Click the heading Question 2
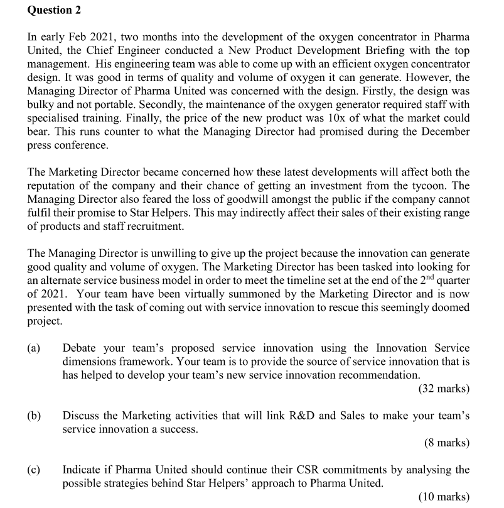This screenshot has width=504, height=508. [54, 10]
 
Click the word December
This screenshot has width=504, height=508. [442, 131]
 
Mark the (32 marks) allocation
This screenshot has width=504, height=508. [443, 389]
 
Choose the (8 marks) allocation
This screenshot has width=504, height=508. [446, 443]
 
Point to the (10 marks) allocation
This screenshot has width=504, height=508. [443, 497]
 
